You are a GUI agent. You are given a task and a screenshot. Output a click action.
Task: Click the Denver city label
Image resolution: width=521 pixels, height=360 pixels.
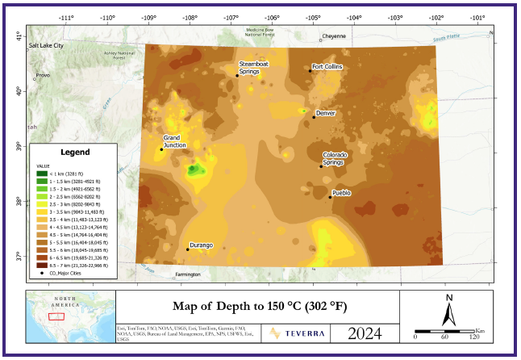coord(326,114)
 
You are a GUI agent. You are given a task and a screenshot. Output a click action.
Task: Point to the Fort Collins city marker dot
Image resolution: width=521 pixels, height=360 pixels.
coord(310,71)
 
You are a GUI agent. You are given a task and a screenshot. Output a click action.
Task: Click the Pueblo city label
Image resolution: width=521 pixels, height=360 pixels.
coord(342,193)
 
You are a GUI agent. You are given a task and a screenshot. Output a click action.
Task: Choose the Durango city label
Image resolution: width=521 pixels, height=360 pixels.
coord(201,245)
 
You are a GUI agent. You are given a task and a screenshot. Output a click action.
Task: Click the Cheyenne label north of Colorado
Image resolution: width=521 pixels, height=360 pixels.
coord(334,36)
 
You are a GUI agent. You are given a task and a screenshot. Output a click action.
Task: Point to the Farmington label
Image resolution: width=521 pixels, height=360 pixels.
coord(187,274)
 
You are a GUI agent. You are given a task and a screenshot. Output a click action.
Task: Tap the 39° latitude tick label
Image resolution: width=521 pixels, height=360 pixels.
coord(19,145)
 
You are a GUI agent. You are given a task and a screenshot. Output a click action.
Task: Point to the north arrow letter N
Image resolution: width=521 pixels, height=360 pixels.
coord(448,297)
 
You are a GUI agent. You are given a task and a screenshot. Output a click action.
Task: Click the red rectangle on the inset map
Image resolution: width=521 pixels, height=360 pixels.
coord(56,316)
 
